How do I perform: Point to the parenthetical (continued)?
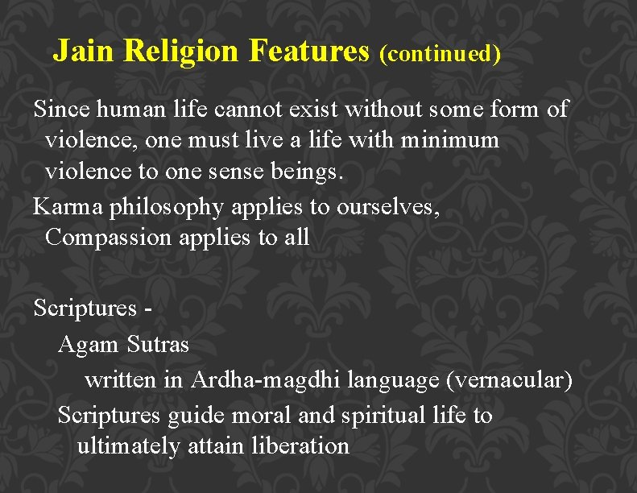tap(440, 54)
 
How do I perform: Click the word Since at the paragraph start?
tap(61, 108)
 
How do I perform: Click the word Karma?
tap(67, 206)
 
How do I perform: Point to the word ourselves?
tap(388, 206)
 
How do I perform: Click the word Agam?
tap(89, 346)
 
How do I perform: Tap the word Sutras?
tap(158, 345)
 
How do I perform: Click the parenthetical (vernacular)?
tap(509, 379)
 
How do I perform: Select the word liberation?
tap(300, 445)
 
